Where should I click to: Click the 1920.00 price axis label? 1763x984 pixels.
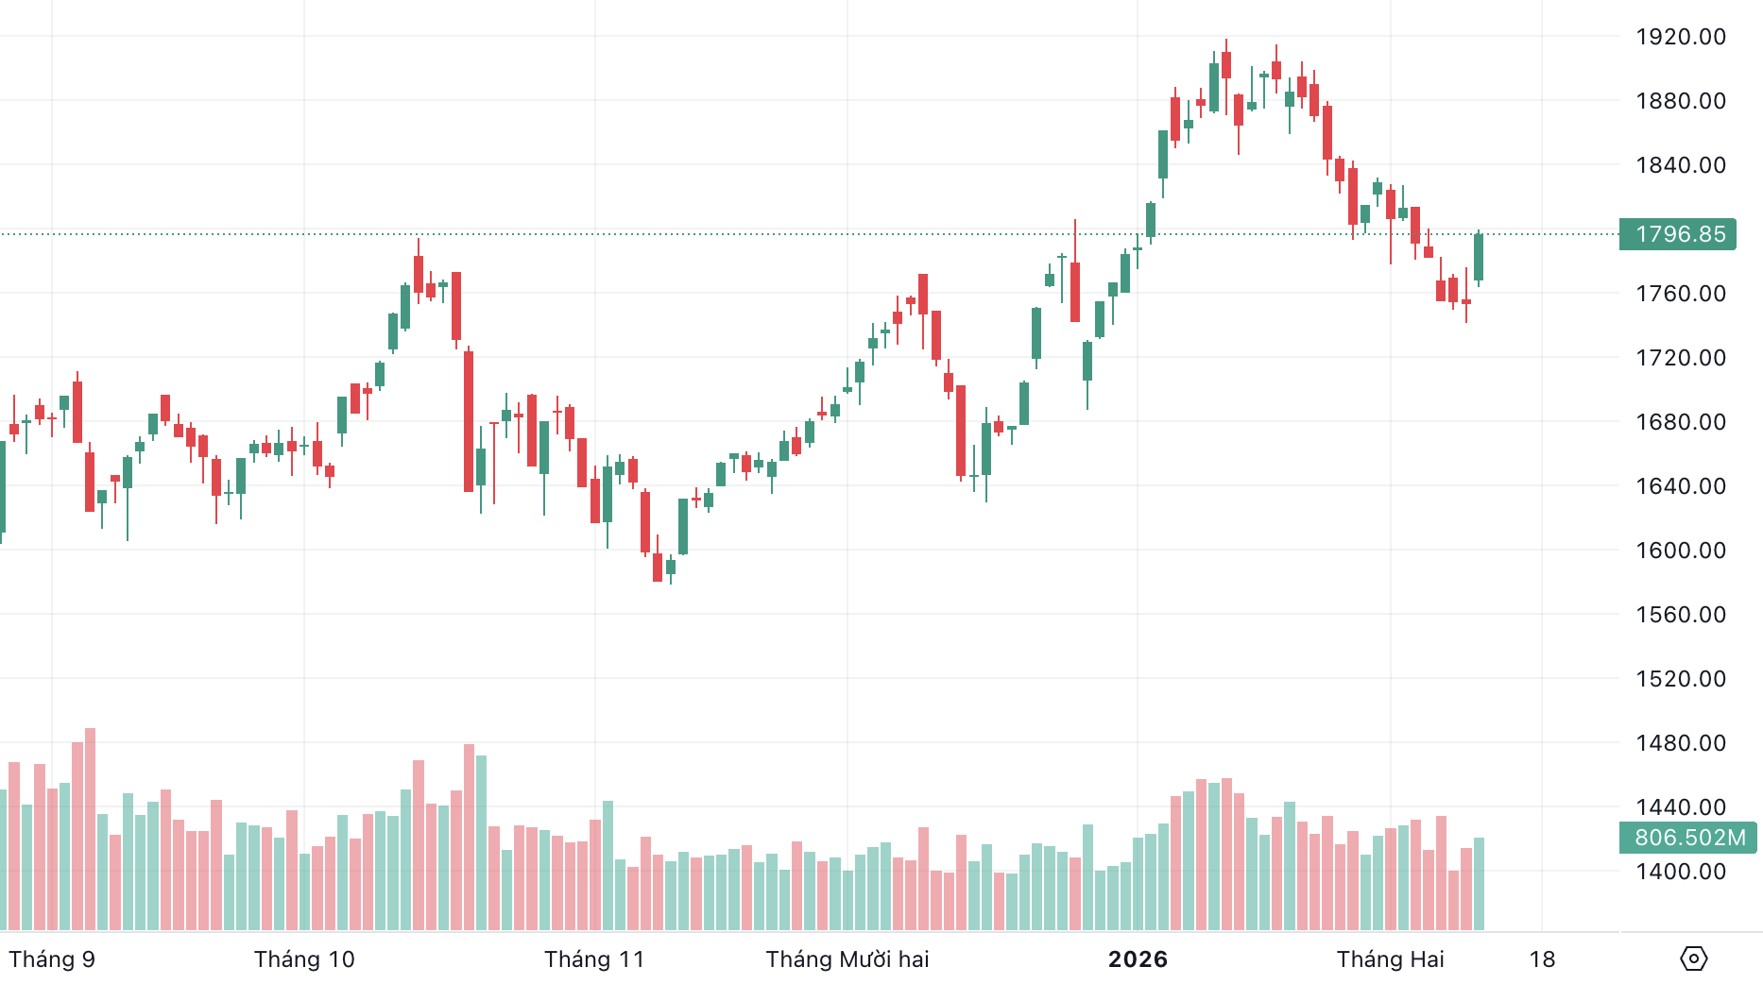1681,37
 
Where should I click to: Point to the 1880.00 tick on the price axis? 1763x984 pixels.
1681,101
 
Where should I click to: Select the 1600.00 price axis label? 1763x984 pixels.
1681,551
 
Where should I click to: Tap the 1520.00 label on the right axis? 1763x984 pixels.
1681,679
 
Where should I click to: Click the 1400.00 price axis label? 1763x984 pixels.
1681,872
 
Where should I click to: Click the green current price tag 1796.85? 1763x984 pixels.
1679,234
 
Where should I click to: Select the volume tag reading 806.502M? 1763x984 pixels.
1688,838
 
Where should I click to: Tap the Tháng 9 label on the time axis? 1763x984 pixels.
52,959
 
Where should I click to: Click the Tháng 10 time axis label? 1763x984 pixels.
304,959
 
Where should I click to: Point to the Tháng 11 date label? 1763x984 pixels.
594,959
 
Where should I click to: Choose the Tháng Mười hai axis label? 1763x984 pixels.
847,959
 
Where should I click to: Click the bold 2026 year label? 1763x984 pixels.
1138,959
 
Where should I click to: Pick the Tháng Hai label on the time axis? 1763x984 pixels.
1390,959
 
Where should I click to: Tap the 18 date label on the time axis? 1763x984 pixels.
1542,959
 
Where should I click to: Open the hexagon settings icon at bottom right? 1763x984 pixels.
1693,959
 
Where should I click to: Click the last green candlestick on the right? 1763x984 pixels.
1479,257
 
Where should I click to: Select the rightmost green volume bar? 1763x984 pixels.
1479,883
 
